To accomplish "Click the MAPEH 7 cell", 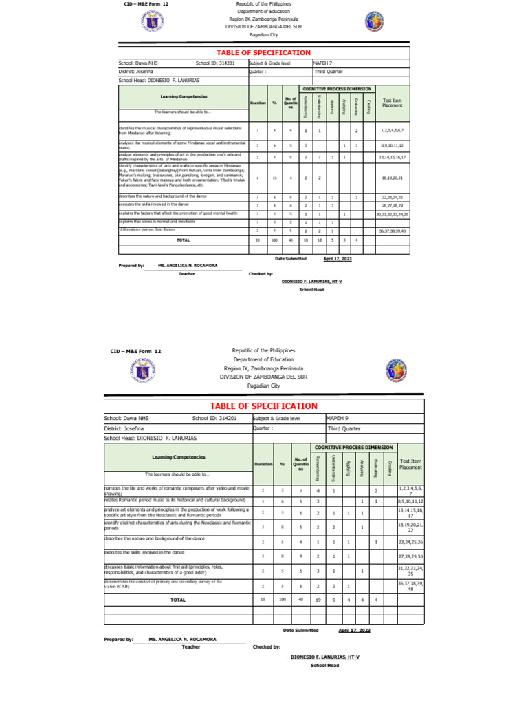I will (x=323, y=63).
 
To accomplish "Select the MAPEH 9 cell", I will (x=338, y=417).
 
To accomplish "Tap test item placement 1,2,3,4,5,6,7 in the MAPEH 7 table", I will (x=391, y=130).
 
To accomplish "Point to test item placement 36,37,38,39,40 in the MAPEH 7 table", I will (x=391, y=231).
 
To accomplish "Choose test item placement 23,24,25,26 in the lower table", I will (x=410, y=542).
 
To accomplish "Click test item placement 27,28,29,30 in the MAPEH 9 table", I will (x=410, y=556).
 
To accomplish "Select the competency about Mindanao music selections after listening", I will (x=180, y=130).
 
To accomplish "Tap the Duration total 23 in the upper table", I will (x=258, y=240).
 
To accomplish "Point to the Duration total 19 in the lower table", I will (x=263, y=599).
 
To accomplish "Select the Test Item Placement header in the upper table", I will (x=391, y=102).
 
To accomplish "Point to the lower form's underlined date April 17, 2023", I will (x=354, y=629).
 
